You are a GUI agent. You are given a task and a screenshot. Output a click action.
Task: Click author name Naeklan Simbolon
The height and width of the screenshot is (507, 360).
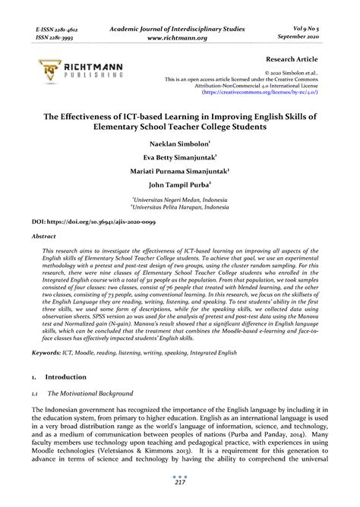(179, 141)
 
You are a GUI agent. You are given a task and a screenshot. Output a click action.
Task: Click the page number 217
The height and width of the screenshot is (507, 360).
(179, 483)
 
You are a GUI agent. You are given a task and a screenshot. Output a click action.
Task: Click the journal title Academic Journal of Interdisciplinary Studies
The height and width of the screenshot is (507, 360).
(179, 29)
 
